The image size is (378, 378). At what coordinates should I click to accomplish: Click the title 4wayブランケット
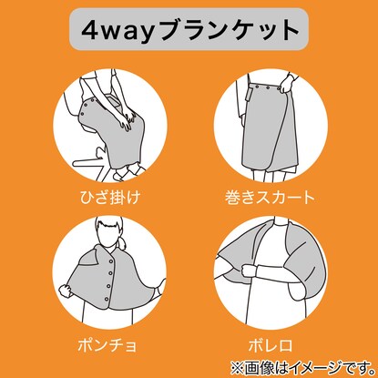click(x=189, y=30)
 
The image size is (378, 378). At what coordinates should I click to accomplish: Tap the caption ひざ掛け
click(x=110, y=198)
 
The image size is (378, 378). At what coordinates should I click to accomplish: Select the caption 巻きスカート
click(x=270, y=198)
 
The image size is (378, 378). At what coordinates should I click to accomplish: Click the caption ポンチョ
click(x=107, y=345)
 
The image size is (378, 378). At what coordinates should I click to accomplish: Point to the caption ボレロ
click(x=271, y=345)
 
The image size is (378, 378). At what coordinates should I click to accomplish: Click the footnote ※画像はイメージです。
click(x=302, y=368)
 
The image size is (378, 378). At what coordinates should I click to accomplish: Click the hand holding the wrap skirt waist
click(x=286, y=83)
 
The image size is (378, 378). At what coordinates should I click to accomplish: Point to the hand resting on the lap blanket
click(x=127, y=119)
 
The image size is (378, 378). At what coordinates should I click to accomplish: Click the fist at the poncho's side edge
click(x=65, y=291)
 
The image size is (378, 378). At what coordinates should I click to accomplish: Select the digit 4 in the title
click(x=90, y=31)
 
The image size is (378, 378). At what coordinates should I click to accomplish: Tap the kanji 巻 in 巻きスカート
click(x=232, y=198)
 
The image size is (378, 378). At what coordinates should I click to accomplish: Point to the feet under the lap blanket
click(x=129, y=171)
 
